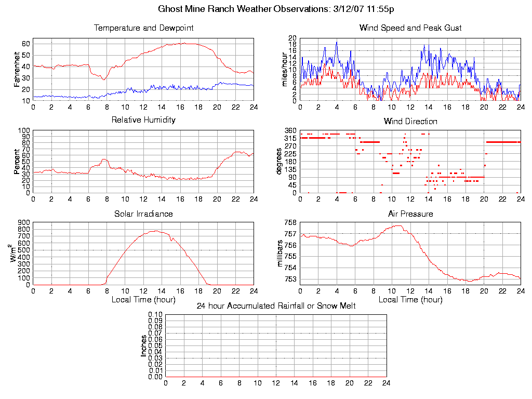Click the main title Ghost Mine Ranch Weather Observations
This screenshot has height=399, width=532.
(276, 9)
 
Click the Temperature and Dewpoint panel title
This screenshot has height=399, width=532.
(143, 28)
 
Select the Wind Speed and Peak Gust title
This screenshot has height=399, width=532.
(410, 28)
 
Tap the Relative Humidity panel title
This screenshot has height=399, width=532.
(143, 120)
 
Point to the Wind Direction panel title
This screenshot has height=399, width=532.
(410, 122)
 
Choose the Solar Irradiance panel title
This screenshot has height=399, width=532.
(143, 214)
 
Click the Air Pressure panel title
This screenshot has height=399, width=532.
(410, 214)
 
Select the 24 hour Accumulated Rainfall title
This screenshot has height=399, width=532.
(276, 306)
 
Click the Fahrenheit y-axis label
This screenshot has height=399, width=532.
(17, 70)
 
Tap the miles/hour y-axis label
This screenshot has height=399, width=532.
(284, 70)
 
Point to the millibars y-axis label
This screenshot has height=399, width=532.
(281, 254)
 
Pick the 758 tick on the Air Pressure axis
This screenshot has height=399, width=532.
(290, 222)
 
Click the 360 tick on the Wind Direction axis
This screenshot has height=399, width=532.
(290, 130)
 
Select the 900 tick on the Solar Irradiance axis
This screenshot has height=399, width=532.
(23, 222)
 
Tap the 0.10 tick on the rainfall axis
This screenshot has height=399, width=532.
(156, 314)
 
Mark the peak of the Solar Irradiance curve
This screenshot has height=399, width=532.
(156, 231)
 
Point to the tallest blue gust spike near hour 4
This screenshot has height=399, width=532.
(337, 43)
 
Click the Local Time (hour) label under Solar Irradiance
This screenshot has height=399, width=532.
(143, 300)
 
